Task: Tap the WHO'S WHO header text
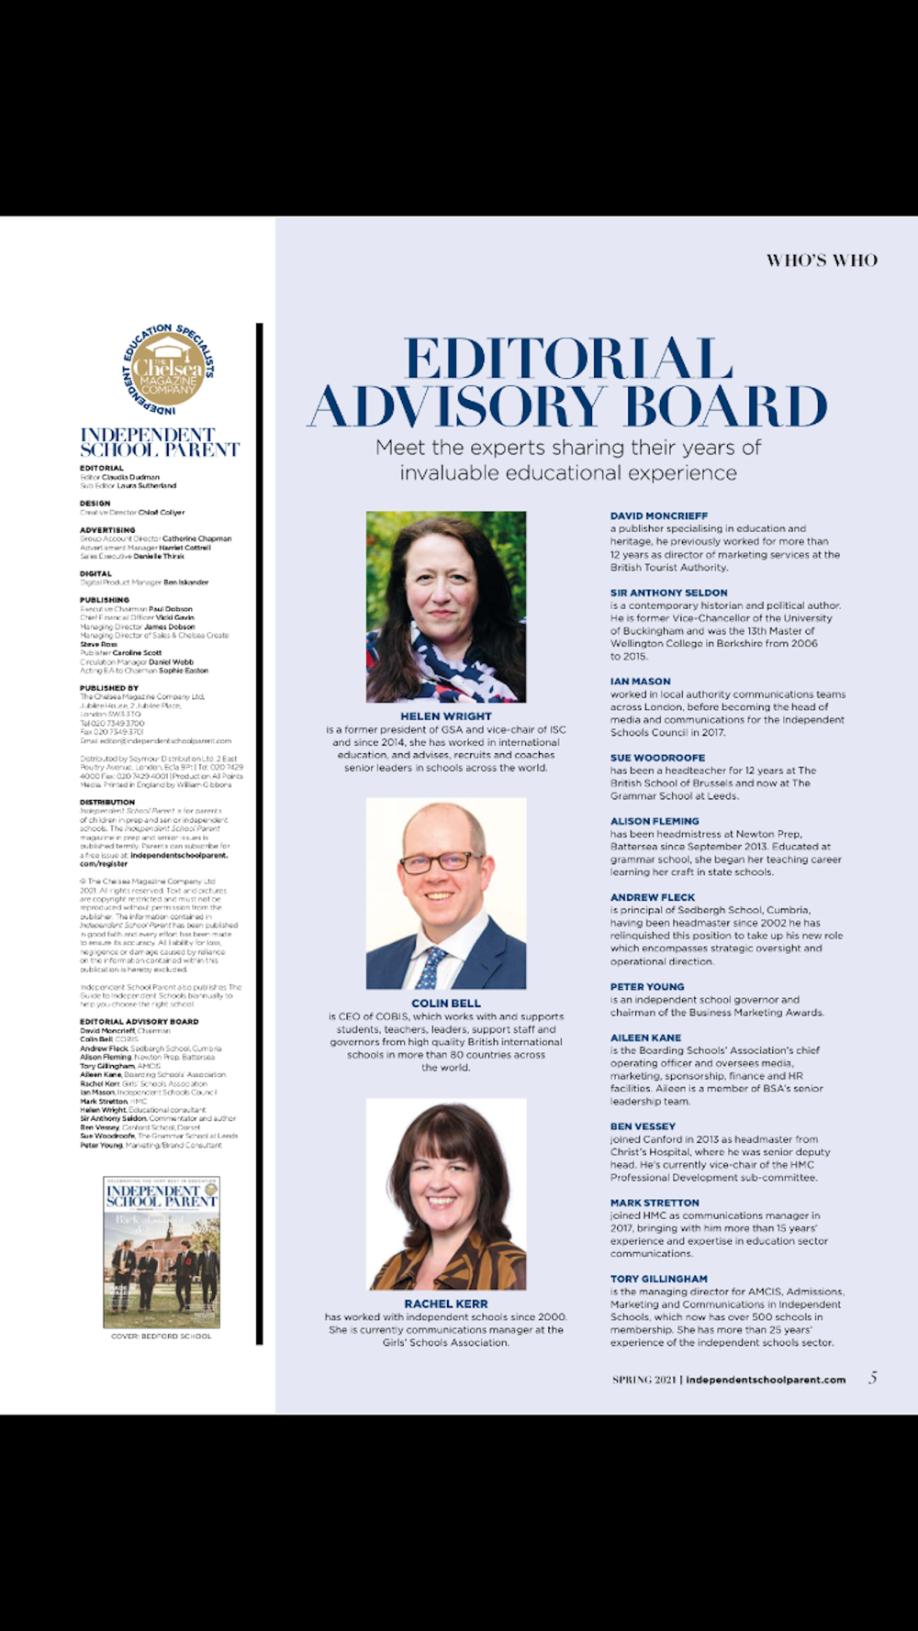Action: pos(822,261)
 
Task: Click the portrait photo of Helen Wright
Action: pos(446,606)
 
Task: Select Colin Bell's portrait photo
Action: pos(446,893)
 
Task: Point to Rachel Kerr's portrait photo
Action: pos(446,1196)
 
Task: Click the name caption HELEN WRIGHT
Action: pos(446,716)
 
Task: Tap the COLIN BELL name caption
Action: pos(446,1004)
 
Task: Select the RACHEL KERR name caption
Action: pos(446,1304)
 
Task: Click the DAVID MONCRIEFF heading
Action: pos(659,516)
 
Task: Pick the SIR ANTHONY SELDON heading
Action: pos(668,594)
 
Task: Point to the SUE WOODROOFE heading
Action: pos(657,758)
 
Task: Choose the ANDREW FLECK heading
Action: pos(653,897)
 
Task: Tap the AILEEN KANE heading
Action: pos(645,1037)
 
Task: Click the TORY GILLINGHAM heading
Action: pos(659,1279)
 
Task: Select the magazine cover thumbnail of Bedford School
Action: pos(162,1252)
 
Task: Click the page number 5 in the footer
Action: pos(873,1378)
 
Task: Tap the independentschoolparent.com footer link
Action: pos(766,1380)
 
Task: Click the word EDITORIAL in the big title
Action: pos(568,359)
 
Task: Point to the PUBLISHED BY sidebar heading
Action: pos(109,688)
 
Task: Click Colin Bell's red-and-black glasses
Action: pos(441,862)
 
